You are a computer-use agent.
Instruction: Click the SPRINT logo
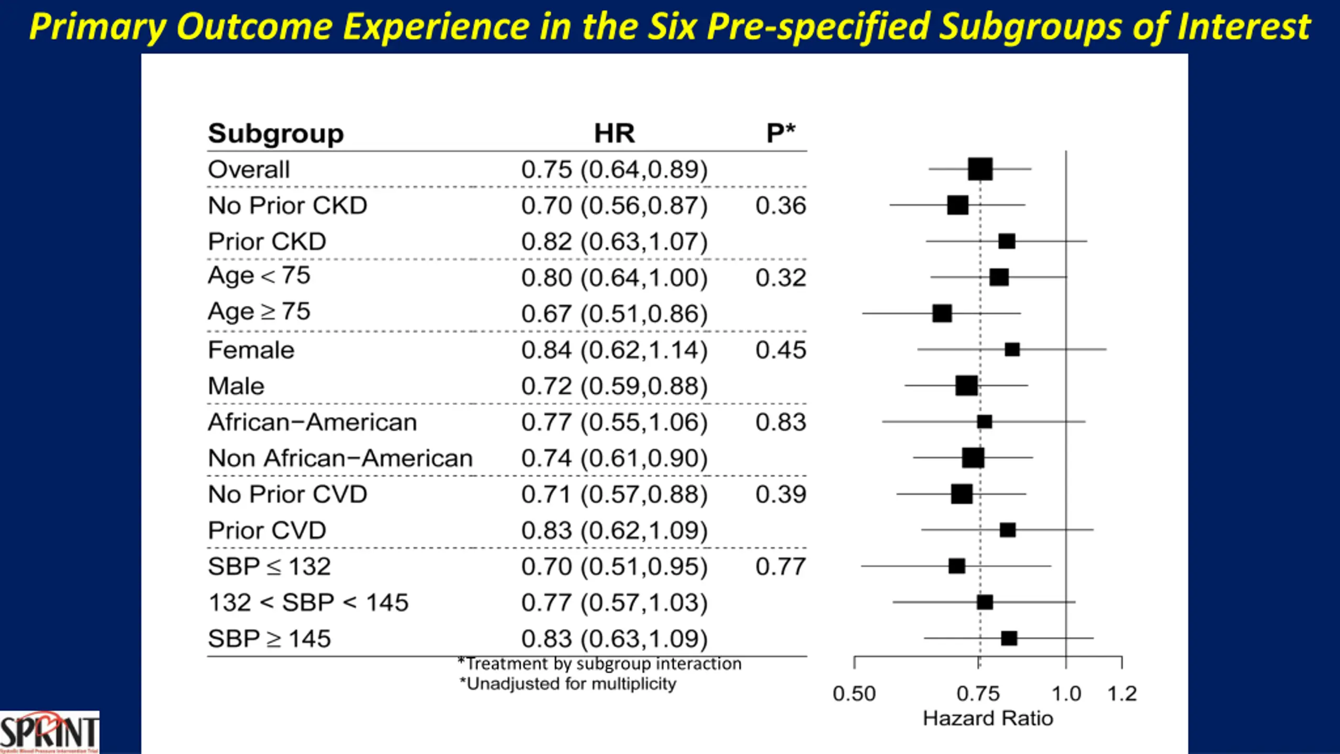click(x=49, y=732)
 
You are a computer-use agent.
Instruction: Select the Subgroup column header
click(x=276, y=134)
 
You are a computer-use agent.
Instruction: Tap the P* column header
click(x=780, y=133)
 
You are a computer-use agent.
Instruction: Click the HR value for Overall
click(x=614, y=170)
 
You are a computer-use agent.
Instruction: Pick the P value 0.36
click(x=780, y=205)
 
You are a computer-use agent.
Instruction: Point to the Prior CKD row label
click(x=267, y=242)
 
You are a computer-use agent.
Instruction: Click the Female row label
click(x=251, y=350)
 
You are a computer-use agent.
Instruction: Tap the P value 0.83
click(x=780, y=422)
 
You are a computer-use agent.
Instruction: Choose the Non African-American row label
click(x=340, y=458)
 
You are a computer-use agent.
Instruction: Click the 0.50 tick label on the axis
click(x=854, y=694)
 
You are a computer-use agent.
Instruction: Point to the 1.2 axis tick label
click(x=1122, y=694)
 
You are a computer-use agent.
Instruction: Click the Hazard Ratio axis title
click(x=988, y=718)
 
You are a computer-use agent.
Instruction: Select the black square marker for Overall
click(x=980, y=169)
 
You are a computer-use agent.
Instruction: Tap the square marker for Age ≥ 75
click(x=942, y=313)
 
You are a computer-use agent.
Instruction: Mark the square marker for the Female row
click(x=1012, y=349)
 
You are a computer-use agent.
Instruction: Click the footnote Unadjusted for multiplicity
click(x=568, y=684)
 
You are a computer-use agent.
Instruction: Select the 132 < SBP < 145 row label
click(x=308, y=603)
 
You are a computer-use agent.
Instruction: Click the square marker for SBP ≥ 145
click(x=1009, y=638)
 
